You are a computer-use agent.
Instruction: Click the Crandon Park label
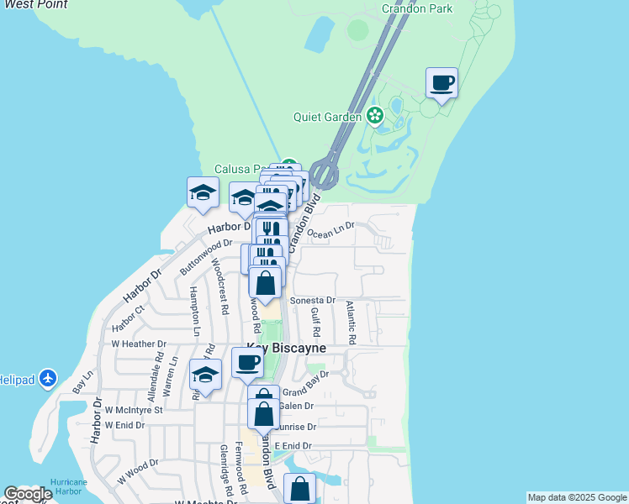tap(417, 8)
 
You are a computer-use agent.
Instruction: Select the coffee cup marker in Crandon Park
tap(442, 83)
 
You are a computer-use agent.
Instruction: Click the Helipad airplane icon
tap(48, 379)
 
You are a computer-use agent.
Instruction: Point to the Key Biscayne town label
tap(286, 348)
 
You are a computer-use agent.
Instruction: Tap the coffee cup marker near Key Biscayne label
tap(247, 363)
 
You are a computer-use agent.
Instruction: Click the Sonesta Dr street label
tap(313, 300)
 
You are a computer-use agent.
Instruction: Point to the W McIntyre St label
tap(134, 409)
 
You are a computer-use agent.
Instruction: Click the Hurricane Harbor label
tap(69, 486)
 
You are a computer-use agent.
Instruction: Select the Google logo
tap(28, 494)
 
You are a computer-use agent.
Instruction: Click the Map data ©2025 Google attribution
tap(577, 497)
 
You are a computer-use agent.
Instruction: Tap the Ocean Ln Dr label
tap(331, 230)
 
